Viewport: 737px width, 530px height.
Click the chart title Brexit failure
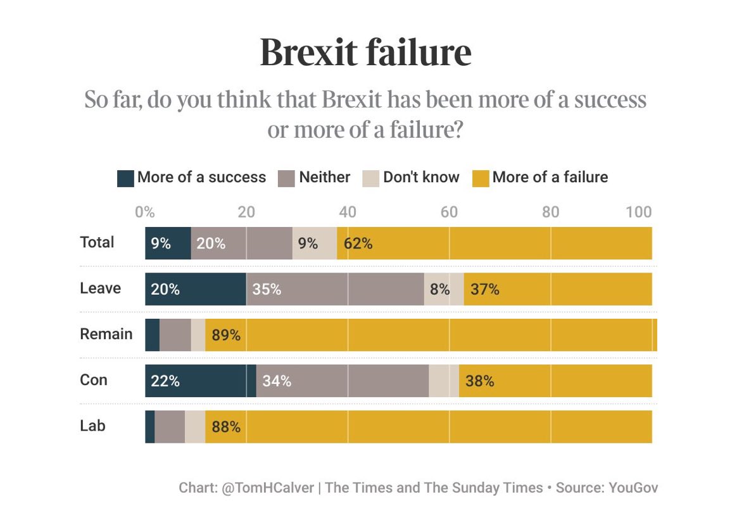[x=365, y=52]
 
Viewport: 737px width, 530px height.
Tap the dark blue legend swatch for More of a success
[x=125, y=178]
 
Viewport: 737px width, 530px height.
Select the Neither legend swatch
[x=287, y=178]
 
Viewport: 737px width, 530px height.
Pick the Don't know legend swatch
[x=371, y=178]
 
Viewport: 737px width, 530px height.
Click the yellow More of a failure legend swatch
[x=481, y=178]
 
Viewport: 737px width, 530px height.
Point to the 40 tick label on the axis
[x=348, y=213]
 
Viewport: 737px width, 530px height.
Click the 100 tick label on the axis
[x=638, y=213]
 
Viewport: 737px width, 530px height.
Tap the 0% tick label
[x=145, y=213]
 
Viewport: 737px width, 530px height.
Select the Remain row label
[x=106, y=334]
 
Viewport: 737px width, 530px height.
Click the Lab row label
[x=92, y=426]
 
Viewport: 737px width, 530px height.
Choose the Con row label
[x=94, y=380]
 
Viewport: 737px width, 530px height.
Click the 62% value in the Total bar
[x=358, y=243]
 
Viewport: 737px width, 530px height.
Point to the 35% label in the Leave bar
[x=267, y=290]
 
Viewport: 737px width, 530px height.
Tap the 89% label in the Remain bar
[x=226, y=336]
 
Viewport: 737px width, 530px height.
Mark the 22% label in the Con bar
[x=165, y=381]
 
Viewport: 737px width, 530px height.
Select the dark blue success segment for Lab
[x=149, y=427]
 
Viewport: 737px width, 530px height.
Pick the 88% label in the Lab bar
[x=226, y=428]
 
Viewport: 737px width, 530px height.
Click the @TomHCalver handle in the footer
[x=268, y=488]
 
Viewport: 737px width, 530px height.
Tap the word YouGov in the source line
[x=633, y=488]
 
